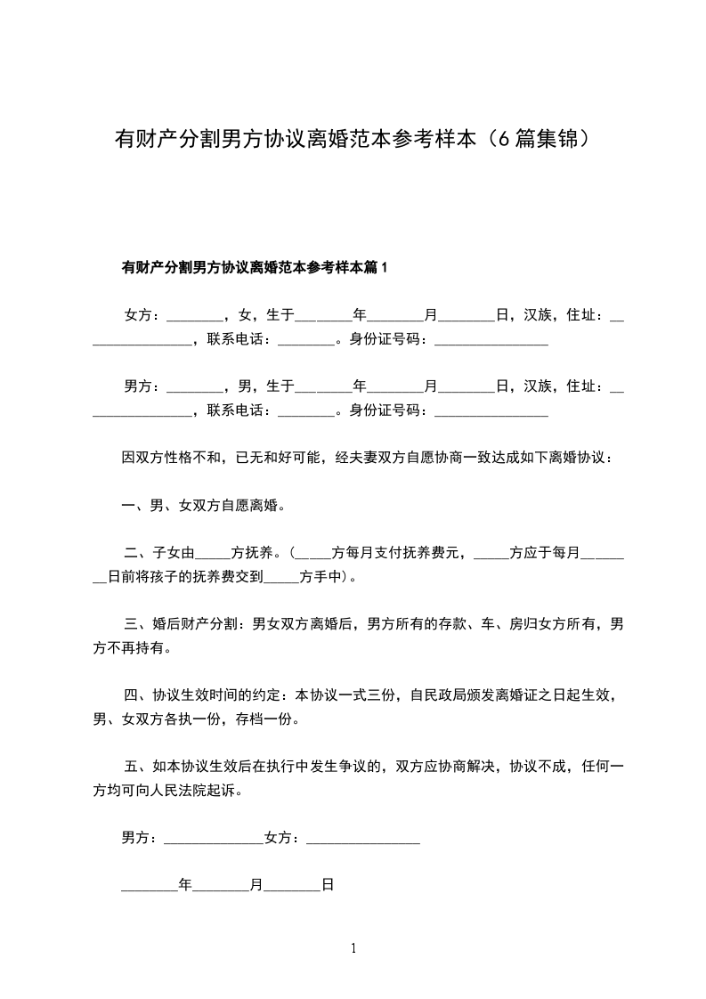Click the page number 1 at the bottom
pyautogui.click(x=353, y=948)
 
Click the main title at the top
pyautogui.click(x=353, y=140)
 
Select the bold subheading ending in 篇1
pyautogui.click(x=256, y=267)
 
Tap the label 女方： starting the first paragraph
pyautogui.click(x=142, y=315)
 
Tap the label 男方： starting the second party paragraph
pyautogui.click(x=142, y=386)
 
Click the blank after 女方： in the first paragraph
pyautogui.click(x=194, y=317)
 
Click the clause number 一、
pyautogui.click(x=134, y=506)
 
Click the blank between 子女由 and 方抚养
pyautogui.click(x=212, y=554)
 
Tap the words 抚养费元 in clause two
pyautogui.click(x=435, y=553)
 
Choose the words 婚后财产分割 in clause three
pyautogui.click(x=197, y=624)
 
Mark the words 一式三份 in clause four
pyautogui.click(x=366, y=695)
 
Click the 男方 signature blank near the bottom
pyautogui.click(x=214, y=840)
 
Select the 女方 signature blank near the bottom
pyautogui.click(x=362, y=840)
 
